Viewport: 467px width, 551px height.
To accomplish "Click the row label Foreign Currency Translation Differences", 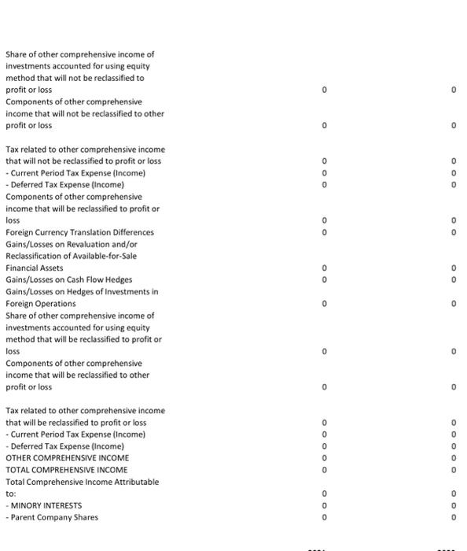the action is (79, 232).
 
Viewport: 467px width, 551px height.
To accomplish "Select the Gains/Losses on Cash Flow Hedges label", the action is (68, 279).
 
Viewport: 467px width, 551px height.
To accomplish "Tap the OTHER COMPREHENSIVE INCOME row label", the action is (67, 458).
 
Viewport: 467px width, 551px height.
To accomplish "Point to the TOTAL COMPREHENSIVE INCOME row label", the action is (67, 470).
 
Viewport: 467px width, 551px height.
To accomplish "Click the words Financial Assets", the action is (34, 268).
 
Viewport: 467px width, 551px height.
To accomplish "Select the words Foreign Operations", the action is (41, 303).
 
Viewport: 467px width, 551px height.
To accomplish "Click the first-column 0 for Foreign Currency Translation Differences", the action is (324, 232).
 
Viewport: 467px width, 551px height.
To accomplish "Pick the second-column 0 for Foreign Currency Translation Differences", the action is (454, 232).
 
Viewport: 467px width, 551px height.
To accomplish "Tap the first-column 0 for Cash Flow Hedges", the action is (324, 279).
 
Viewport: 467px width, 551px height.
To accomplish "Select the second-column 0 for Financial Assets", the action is (454, 268).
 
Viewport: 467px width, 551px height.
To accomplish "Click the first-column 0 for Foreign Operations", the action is (324, 303).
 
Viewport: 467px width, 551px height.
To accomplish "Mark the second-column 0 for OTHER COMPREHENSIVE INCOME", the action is (454, 458).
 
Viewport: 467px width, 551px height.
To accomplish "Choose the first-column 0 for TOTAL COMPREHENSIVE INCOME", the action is (324, 470).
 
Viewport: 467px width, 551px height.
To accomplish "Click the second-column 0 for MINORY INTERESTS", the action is (454, 505).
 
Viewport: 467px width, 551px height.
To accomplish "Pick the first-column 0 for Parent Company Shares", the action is (324, 517).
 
